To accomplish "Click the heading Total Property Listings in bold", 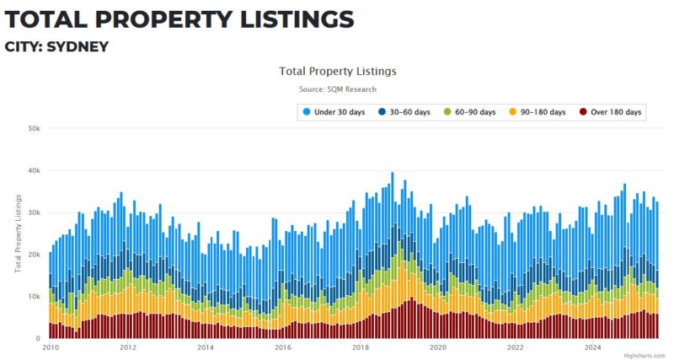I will click(179, 19).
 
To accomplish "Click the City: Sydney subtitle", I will click(56, 46).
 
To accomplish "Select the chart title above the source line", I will click(337, 72).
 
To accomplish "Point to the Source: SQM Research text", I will click(337, 89).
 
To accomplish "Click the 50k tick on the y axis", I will click(35, 128).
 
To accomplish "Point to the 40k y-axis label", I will click(35, 170).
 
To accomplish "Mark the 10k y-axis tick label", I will click(35, 297).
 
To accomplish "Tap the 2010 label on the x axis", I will click(50, 347).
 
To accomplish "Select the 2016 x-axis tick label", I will click(282, 347).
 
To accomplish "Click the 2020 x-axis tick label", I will click(437, 347).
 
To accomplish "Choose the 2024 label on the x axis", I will click(592, 347).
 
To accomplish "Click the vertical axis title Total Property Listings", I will click(18, 233).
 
